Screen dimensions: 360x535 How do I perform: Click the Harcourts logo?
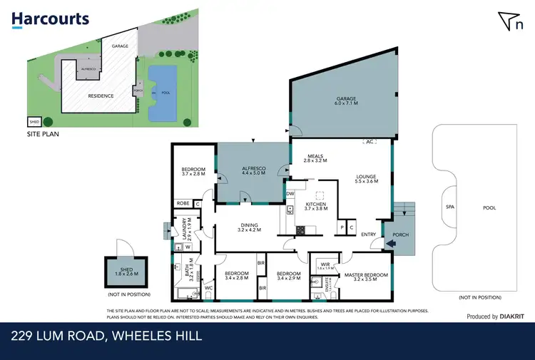click(x=50, y=19)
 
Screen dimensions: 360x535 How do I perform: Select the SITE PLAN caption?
click(x=42, y=133)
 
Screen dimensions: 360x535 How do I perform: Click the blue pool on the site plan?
click(x=162, y=93)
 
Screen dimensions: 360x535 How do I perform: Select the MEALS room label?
click(x=317, y=158)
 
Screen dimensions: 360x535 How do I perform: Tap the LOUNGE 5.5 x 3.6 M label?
click(x=365, y=179)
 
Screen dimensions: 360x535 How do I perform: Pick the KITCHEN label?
click(x=315, y=206)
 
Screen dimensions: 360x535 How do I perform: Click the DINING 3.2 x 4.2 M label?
click(x=250, y=227)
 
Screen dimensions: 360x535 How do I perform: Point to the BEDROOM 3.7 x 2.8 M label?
click(x=193, y=170)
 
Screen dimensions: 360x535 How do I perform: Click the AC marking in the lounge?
click(x=369, y=141)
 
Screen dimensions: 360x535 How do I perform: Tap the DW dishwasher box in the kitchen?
click(x=290, y=193)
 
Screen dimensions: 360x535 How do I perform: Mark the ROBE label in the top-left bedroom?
click(x=183, y=203)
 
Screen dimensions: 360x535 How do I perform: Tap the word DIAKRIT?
click(x=513, y=317)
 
